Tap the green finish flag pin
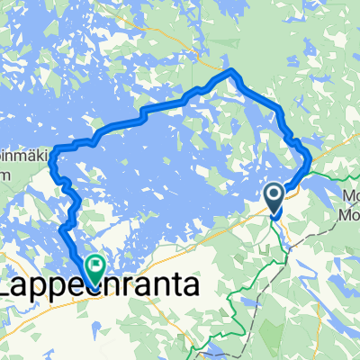[x=95, y=267]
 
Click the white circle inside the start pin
[x=275, y=193]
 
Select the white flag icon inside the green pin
[x=95, y=264]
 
